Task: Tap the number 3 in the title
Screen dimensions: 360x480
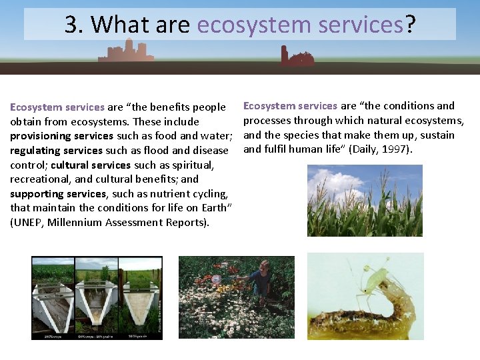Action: (71, 25)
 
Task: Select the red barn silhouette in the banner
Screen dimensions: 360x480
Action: (296, 58)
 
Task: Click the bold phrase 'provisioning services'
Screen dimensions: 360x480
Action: (61, 136)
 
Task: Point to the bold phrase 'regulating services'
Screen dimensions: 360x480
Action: (56, 151)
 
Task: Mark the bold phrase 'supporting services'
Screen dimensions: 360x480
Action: (58, 193)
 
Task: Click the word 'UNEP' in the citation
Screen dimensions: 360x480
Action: (29, 223)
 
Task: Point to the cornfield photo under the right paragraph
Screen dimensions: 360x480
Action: (364, 201)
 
